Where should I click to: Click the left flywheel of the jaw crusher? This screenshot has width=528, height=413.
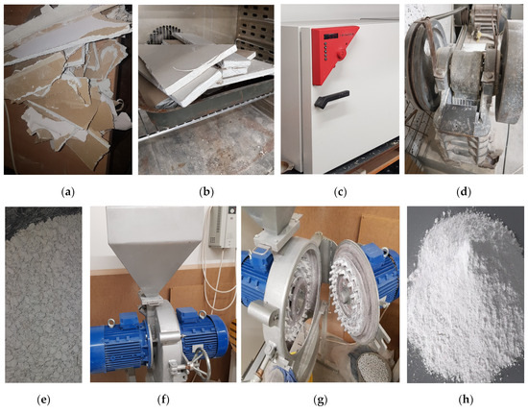429,67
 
